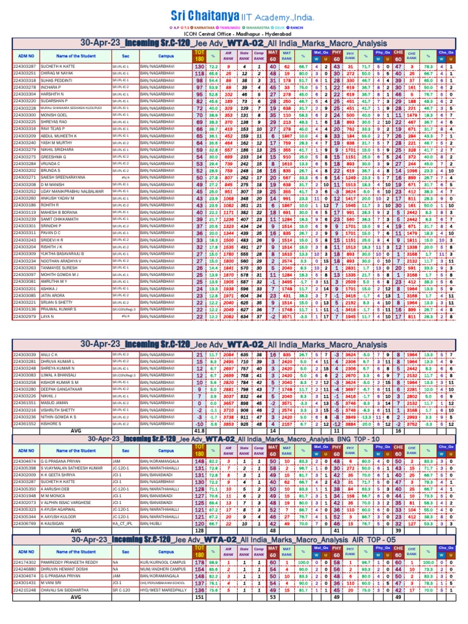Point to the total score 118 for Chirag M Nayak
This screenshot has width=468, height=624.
tap(199, 73)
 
